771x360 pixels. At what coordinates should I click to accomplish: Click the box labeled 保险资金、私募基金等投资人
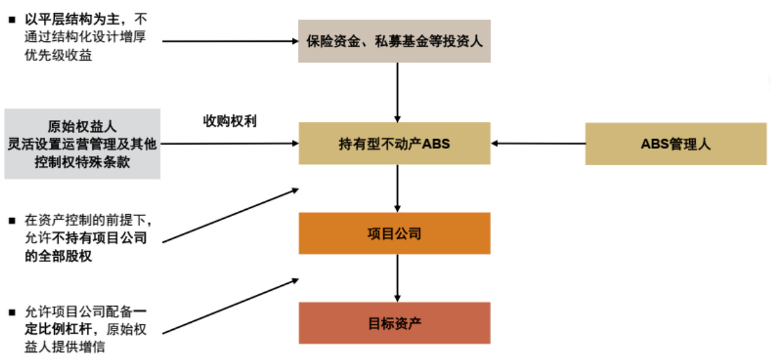pyautogui.click(x=394, y=41)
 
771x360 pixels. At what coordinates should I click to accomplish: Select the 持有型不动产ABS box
pyautogui.click(x=394, y=144)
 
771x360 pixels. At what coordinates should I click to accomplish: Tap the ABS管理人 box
pyautogui.click(x=675, y=144)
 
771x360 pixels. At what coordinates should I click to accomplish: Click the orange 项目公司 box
pyautogui.click(x=394, y=234)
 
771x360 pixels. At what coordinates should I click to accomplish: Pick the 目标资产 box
pyautogui.click(x=394, y=323)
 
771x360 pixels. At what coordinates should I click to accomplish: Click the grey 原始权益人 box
pyautogui.click(x=82, y=144)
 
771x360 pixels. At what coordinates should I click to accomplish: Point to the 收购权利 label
pyautogui.click(x=229, y=121)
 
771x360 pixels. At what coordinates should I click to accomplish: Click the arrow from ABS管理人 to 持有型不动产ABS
pyautogui.click(x=538, y=144)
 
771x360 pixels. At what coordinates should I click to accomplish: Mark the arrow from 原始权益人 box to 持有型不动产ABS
pyautogui.click(x=229, y=144)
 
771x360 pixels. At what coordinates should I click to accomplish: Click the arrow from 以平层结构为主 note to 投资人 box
pyautogui.click(x=229, y=41)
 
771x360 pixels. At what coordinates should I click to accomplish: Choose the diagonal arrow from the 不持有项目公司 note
pyautogui.click(x=229, y=214)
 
